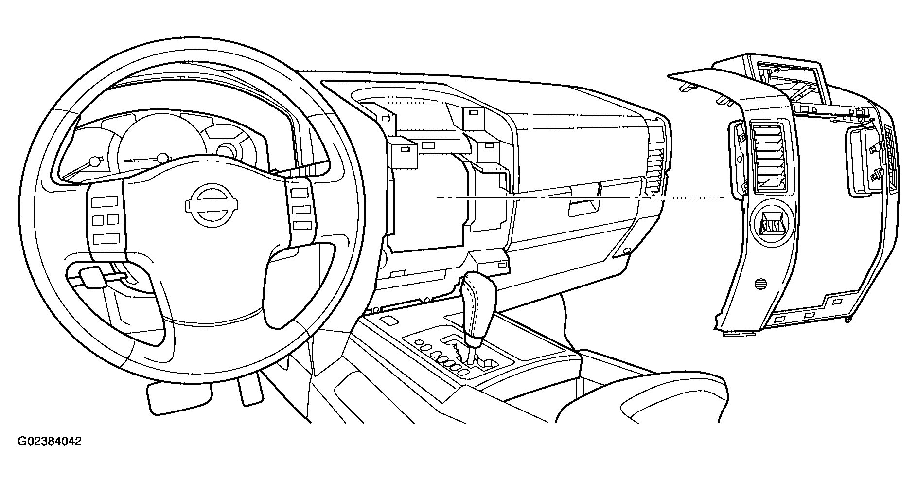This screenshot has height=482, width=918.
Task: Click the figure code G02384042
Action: (x=50, y=442)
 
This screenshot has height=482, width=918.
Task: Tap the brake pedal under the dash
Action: (x=178, y=396)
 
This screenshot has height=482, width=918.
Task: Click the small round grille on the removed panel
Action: (x=760, y=286)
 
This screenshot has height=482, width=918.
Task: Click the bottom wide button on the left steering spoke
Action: (x=107, y=238)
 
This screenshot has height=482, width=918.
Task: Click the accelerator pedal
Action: (x=249, y=389)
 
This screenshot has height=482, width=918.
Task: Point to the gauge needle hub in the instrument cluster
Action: (x=163, y=158)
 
